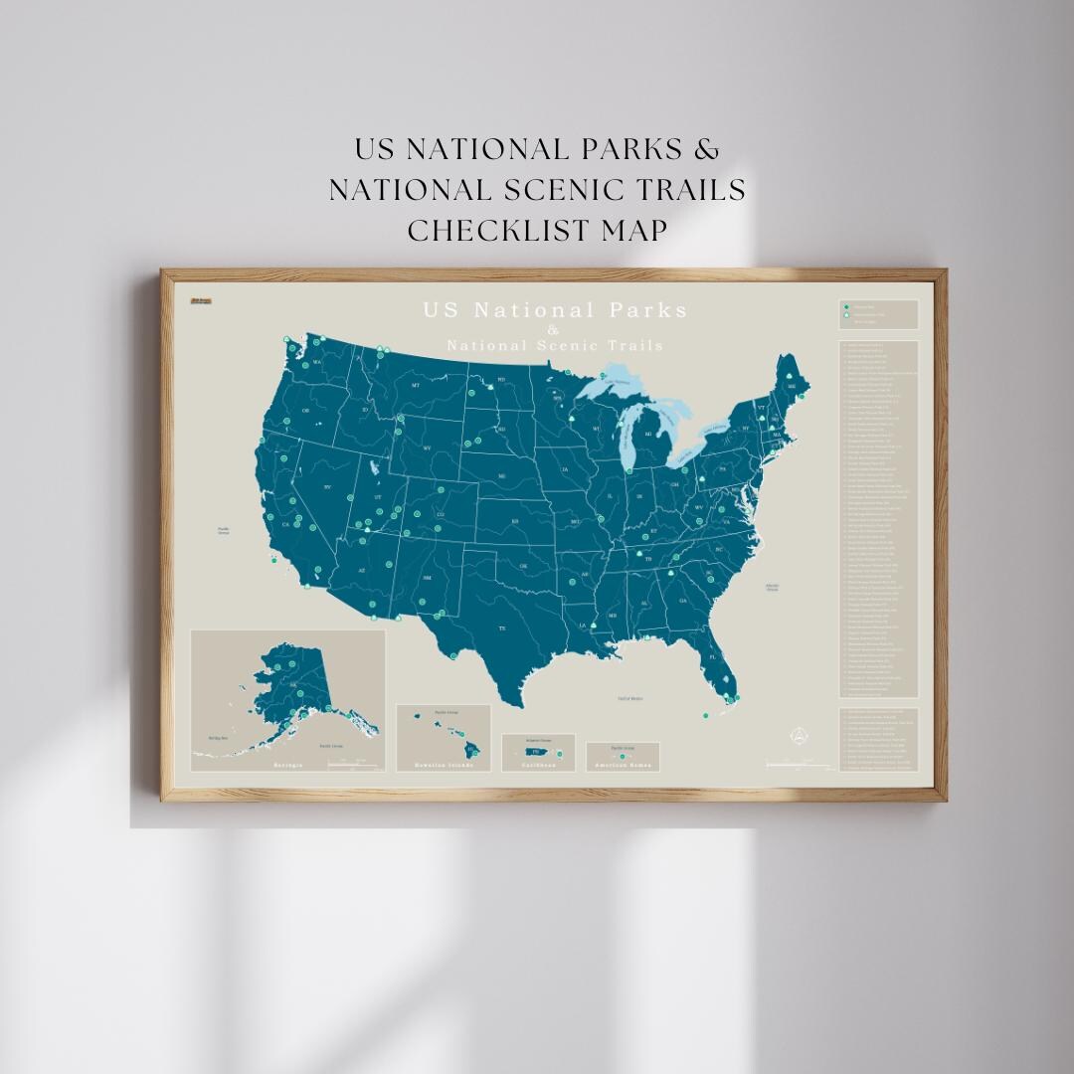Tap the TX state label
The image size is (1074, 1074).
coord(502,628)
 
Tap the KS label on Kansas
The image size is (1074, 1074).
coord(515,521)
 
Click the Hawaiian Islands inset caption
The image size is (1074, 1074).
coord(444,767)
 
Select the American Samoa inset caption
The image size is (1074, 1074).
coord(623,766)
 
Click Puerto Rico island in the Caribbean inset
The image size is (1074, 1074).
coord(533,752)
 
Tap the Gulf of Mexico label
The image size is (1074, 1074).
coord(630,698)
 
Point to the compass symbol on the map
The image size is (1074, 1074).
coord(796,736)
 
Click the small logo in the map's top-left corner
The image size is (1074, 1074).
coord(201,299)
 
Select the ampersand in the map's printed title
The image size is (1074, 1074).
coord(554,330)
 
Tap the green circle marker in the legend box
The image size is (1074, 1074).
coord(845,306)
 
